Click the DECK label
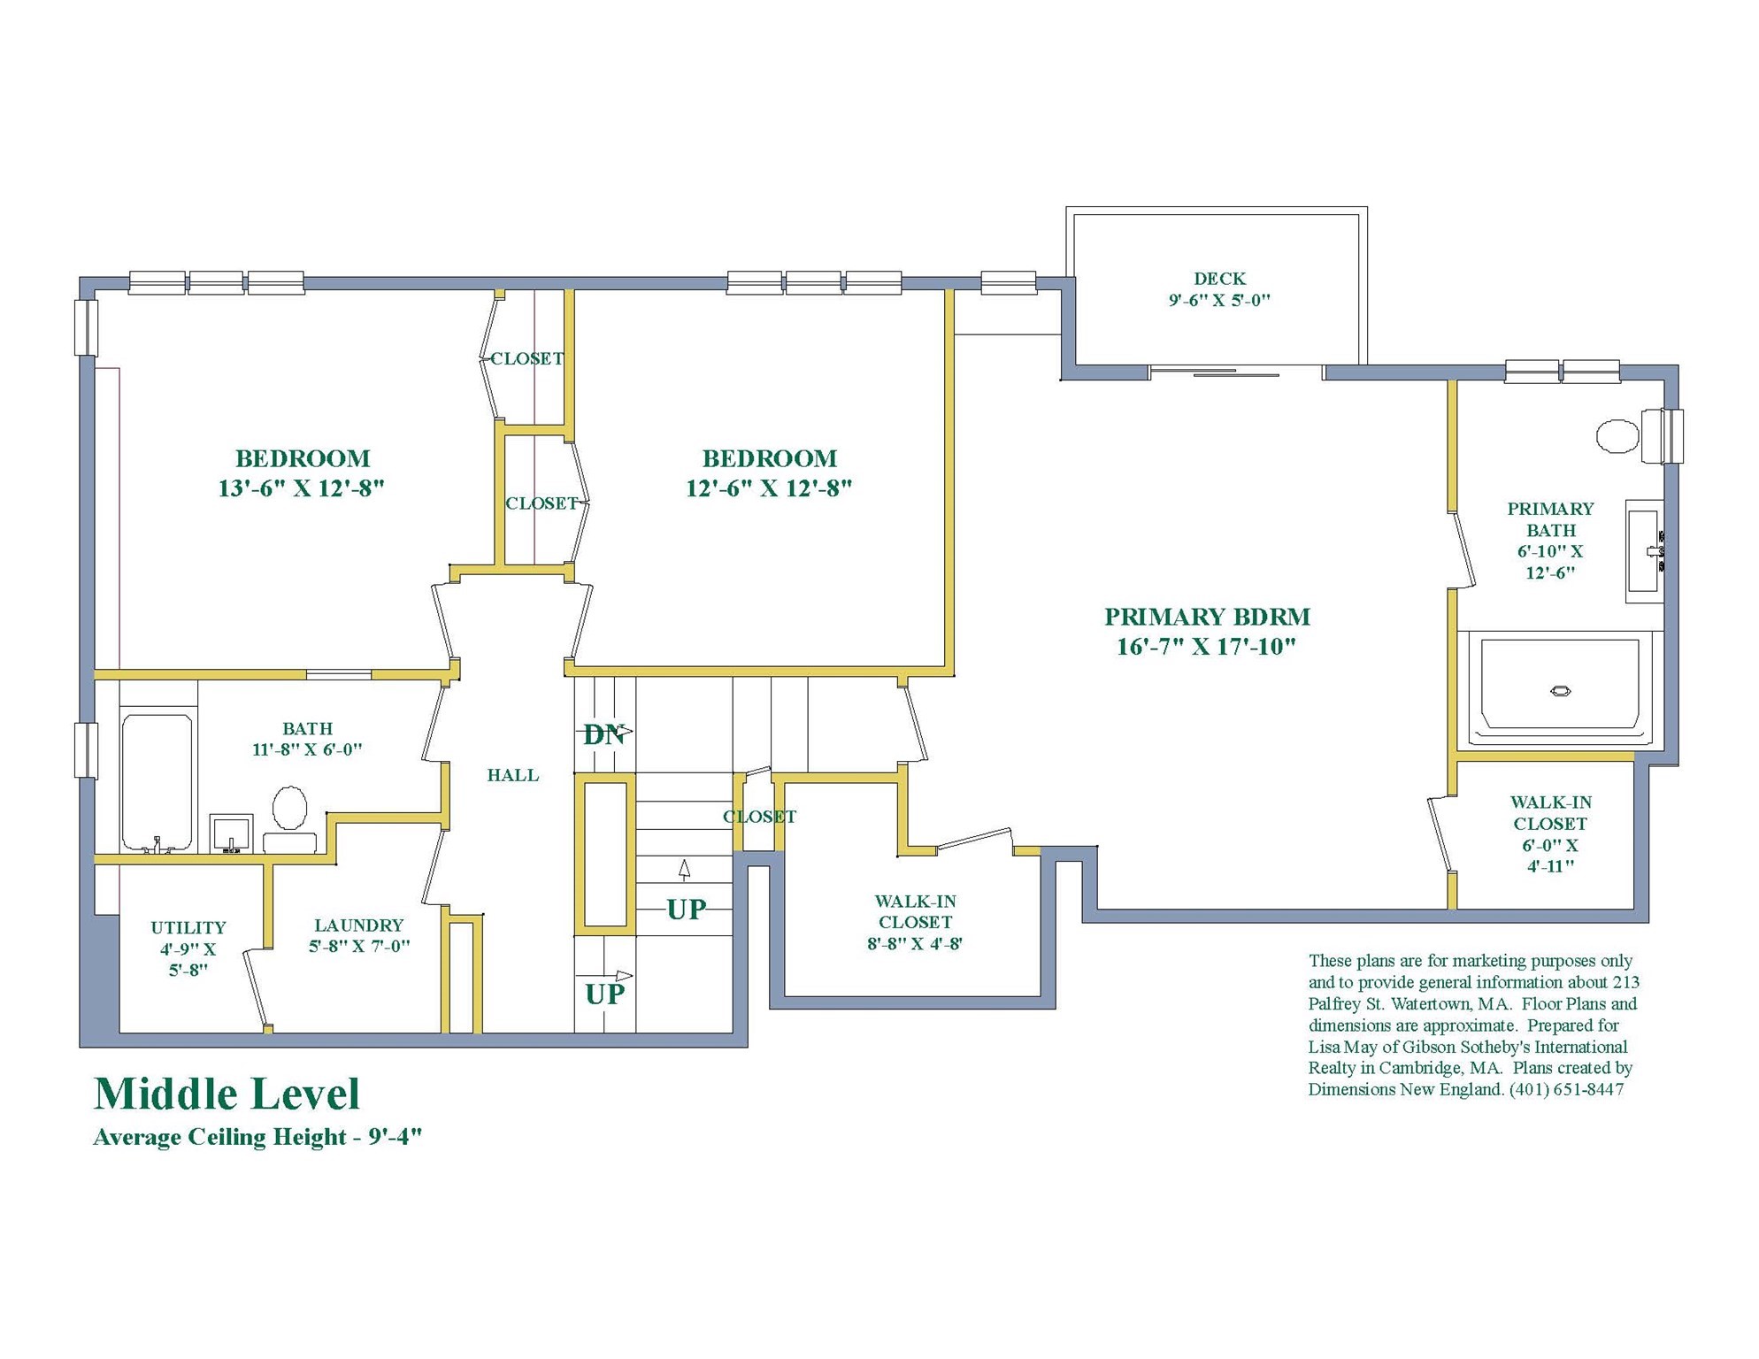point(1219,279)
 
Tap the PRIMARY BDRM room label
point(1207,617)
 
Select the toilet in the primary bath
point(1629,436)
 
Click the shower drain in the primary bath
point(1560,691)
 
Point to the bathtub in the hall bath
point(157,781)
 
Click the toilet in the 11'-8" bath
point(289,818)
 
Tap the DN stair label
point(604,734)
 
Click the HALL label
point(512,775)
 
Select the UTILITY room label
point(188,927)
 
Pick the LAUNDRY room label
point(358,925)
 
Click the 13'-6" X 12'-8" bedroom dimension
point(301,488)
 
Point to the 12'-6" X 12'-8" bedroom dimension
point(769,488)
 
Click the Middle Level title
point(227,1094)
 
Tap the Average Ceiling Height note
point(257,1137)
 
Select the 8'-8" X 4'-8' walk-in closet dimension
point(915,943)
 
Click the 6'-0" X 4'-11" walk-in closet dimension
point(1550,856)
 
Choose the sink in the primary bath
point(1645,551)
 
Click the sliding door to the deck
point(1236,373)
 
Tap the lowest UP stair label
point(604,994)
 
